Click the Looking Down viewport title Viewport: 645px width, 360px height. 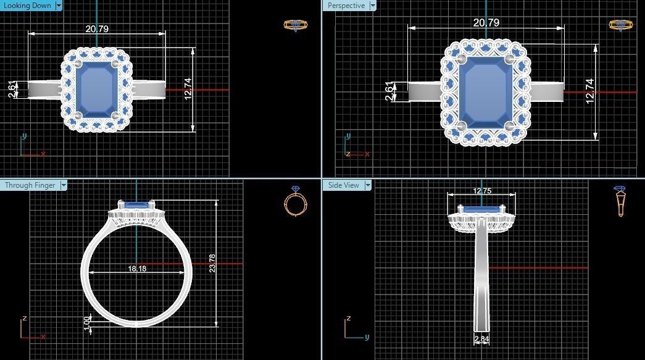pos(27,6)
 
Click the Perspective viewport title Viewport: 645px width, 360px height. pos(346,6)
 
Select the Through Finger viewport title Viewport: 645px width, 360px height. pos(29,185)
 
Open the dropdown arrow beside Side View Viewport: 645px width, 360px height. pos(368,185)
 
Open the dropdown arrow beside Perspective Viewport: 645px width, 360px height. pos(372,6)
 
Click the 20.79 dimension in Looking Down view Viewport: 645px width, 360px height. pos(98,29)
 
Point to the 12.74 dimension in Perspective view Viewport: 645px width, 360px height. pos(589,91)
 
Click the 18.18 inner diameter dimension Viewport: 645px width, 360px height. pos(137,269)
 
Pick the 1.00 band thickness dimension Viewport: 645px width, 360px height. pos(87,321)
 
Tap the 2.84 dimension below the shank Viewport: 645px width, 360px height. pos(481,339)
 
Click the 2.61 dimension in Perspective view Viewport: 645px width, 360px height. pos(389,91)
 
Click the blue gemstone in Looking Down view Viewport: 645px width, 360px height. pos(96,89)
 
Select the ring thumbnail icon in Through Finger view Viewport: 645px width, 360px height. pos(294,201)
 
